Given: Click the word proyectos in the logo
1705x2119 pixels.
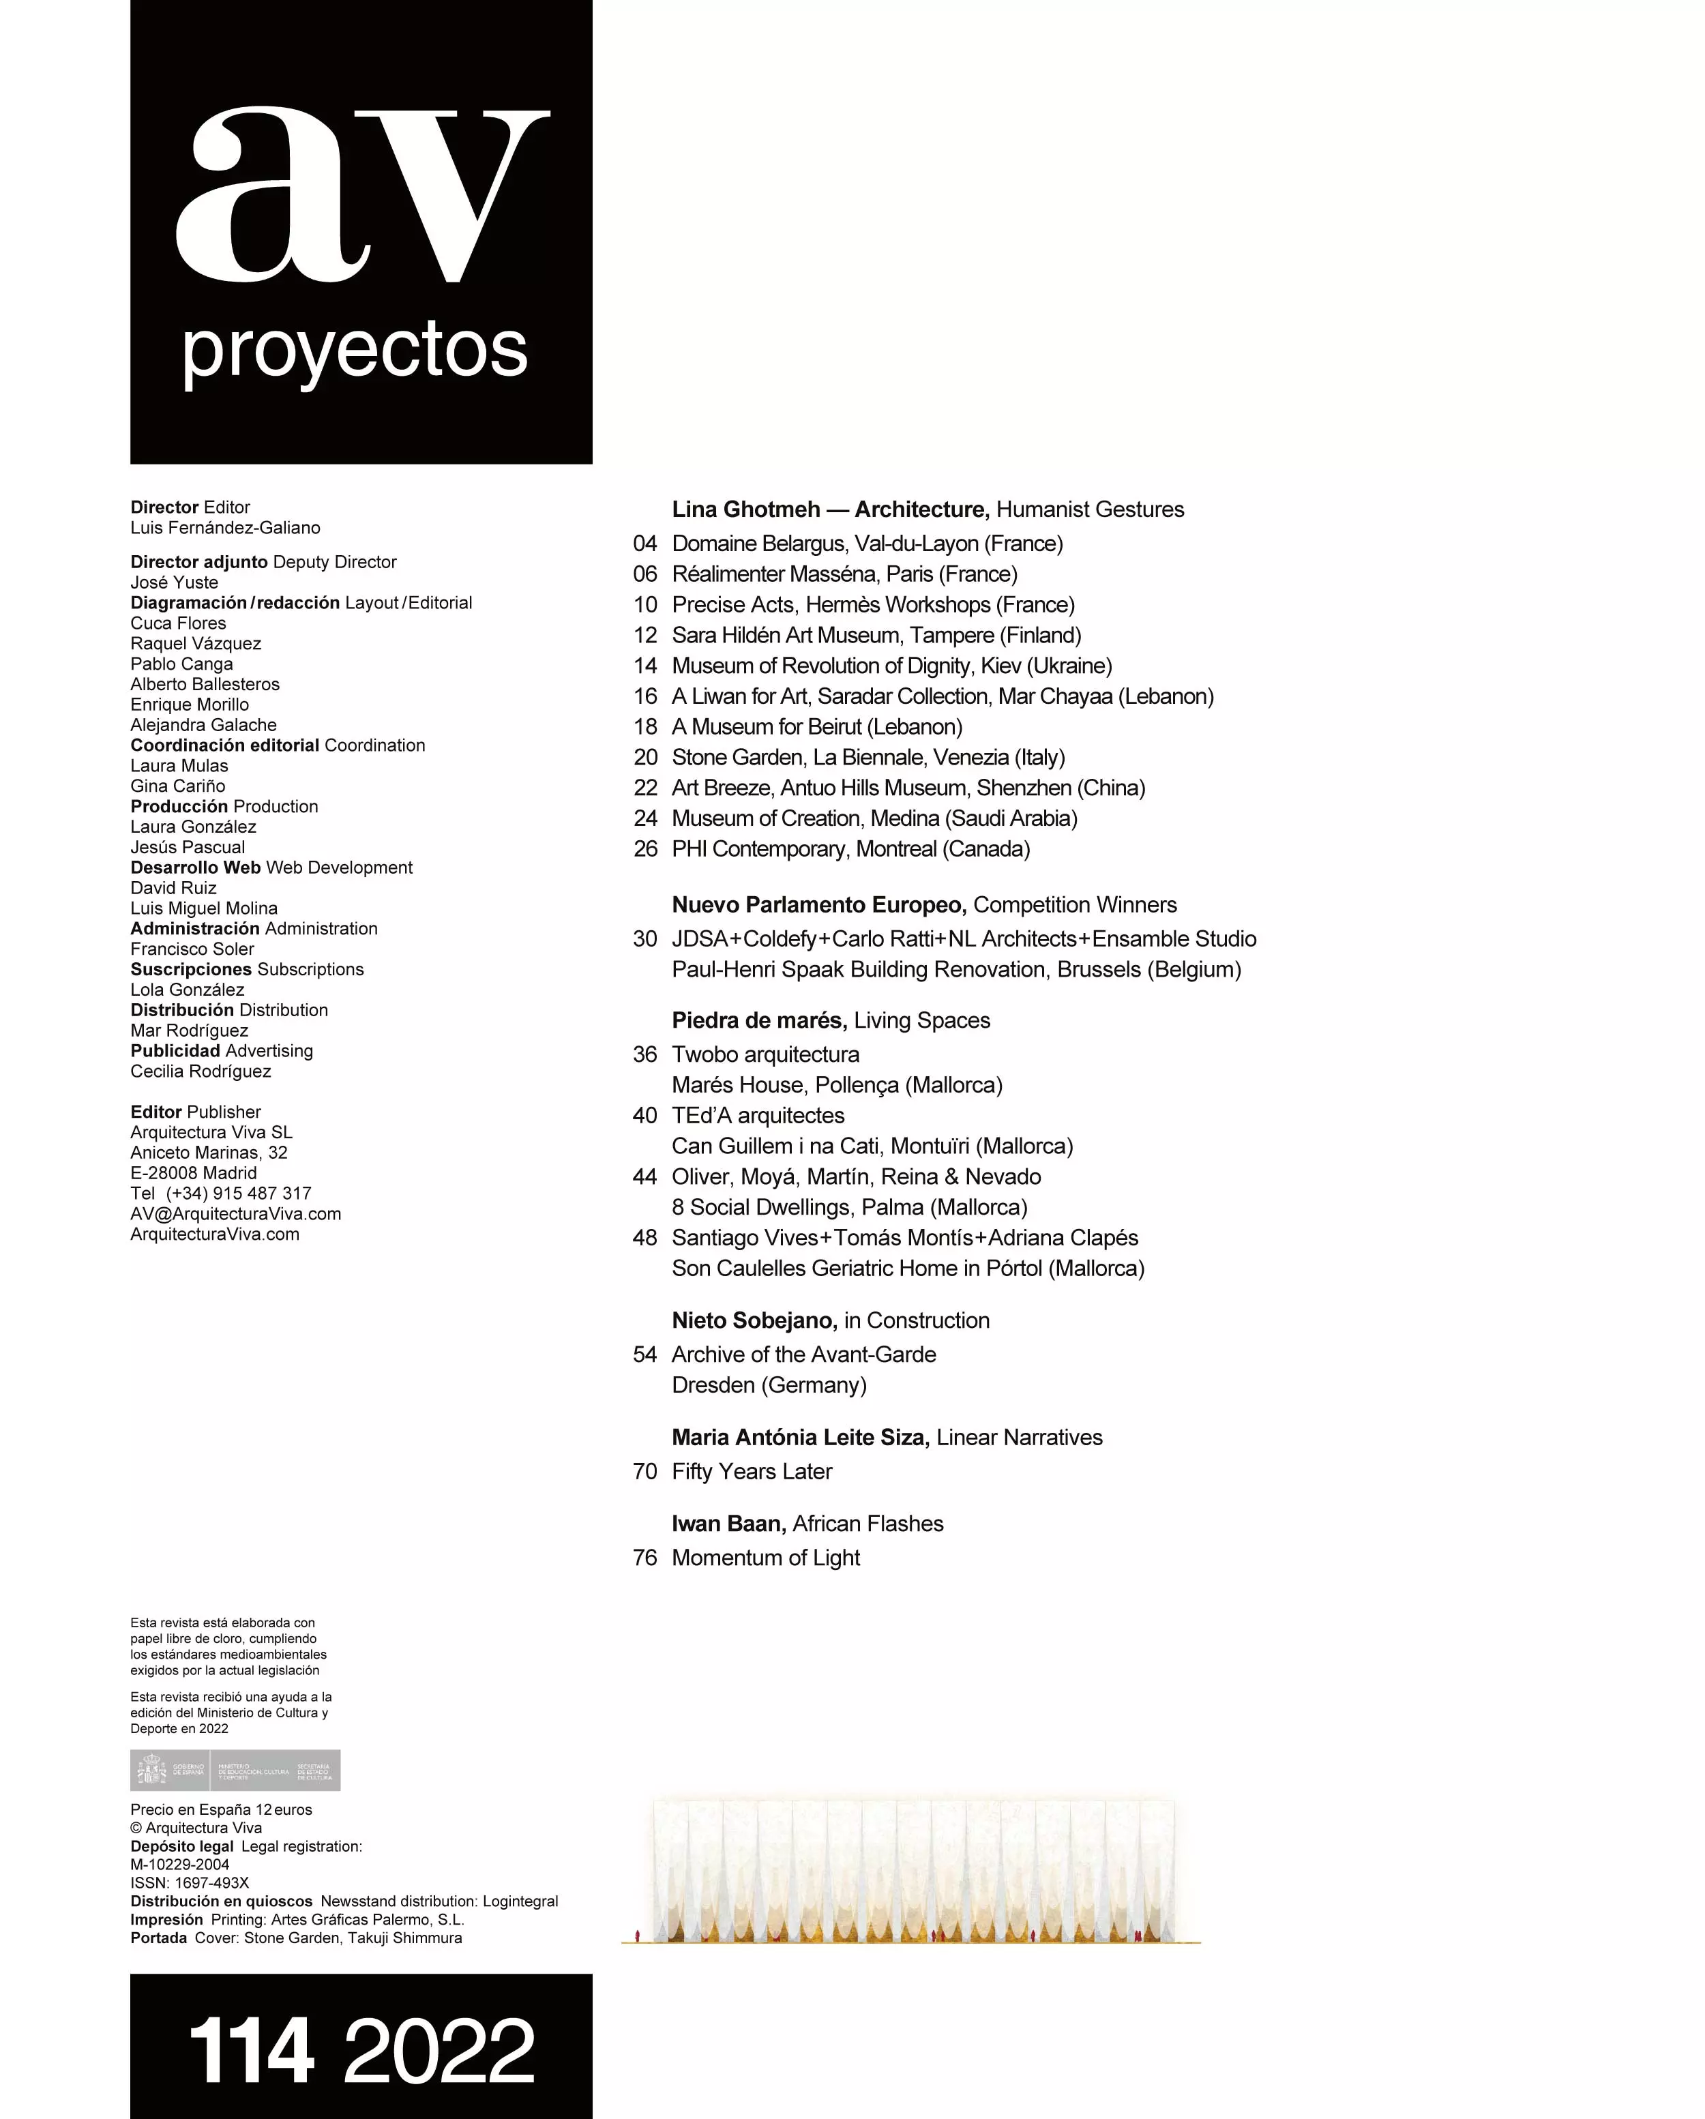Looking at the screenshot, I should point(355,351).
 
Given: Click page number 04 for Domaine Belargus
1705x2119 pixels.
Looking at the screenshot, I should point(644,544).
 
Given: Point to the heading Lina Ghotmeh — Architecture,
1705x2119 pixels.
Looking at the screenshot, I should point(831,509).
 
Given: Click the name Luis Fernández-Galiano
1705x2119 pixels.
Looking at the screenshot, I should point(225,528).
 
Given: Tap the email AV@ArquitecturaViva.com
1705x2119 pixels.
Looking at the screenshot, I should point(236,1214).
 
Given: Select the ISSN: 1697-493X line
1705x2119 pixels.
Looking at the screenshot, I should point(190,1883).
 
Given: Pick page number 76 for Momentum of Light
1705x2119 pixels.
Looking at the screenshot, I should point(644,1558).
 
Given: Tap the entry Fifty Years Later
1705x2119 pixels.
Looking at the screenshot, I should point(752,1471).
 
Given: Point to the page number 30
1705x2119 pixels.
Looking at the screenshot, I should point(644,938).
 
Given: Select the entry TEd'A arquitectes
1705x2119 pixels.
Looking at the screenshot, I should point(758,1116).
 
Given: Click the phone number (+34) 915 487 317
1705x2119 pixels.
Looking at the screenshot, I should point(238,1193).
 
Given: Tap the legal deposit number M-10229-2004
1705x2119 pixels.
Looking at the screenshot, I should point(180,1865).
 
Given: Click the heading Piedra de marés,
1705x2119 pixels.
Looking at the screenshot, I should point(758,1020).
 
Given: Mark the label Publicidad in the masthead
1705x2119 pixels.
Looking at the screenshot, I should point(175,1051).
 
